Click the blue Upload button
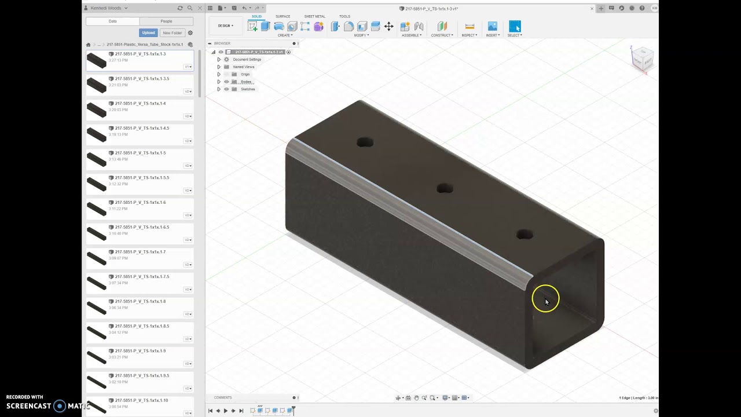[148, 33]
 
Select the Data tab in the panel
[113, 21]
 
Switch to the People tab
[166, 21]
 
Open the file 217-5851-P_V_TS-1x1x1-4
[140, 104]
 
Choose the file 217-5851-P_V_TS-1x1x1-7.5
[142, 277]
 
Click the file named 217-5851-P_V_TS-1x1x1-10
[141, 401]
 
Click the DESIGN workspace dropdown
[225, 25]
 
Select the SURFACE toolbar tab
[283, 16]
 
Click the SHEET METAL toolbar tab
[315, 16]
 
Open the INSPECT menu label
[469, 35]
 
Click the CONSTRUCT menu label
[441, 35]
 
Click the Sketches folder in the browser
[247, 89]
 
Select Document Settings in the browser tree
[247, 59]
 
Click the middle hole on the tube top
[445, 189]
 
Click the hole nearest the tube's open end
[524, 235]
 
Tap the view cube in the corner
[642, 58]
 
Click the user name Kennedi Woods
[106, 8]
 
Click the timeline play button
[225, 411]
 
